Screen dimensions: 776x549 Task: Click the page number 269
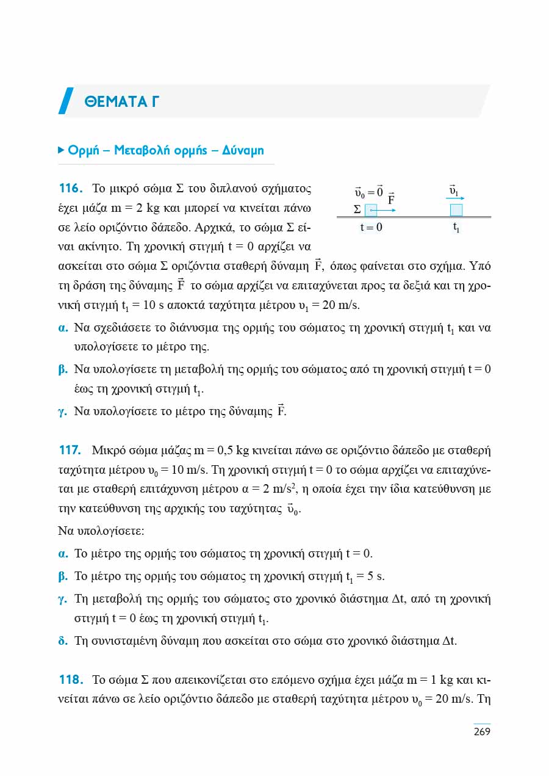click(482, 731)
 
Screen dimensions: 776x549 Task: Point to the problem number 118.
click(70, 680)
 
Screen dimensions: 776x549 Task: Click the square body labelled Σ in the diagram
click(371, 210)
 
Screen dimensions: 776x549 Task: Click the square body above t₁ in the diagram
click(456, 210)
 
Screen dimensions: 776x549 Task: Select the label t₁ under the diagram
click(456, 228)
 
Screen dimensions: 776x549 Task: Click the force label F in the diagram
click(392, 199)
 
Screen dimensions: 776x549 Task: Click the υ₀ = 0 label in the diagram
click(368, 192)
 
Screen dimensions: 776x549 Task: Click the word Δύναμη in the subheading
click(243, 150)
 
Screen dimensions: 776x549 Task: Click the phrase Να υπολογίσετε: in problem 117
click(100, 531)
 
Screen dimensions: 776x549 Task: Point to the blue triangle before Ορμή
click(61, 150)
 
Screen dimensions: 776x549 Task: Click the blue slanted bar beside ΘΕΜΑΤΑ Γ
click(66, 101)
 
